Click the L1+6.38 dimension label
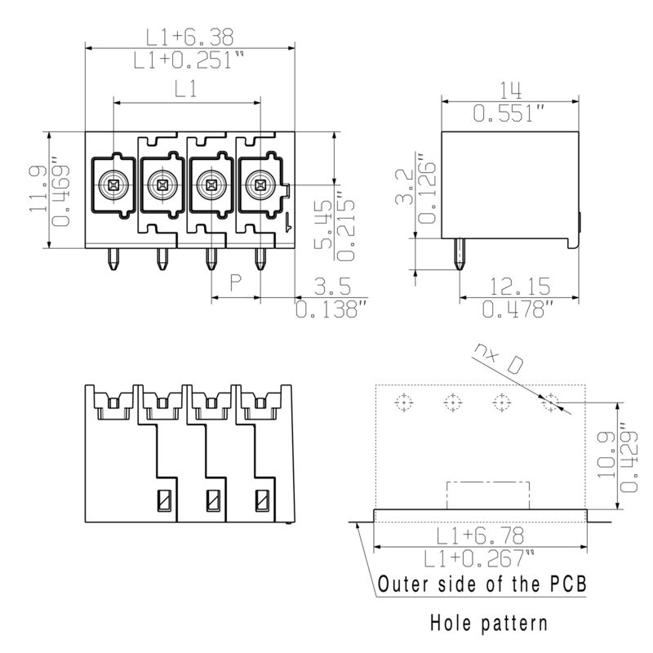coord(189,37)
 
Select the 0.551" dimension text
coord(509,113)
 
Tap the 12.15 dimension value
coord(519,287)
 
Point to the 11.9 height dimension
coord(38,189)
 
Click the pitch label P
coord(236,282)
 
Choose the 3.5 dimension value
coord(332,287)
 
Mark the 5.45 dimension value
coord(323,225)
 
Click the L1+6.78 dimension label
coord(480,535)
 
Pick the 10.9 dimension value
coord(606,455)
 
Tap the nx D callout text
coord(498,358)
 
